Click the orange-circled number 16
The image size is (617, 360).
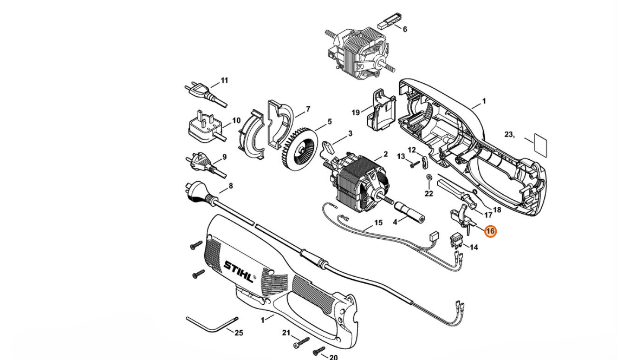tap(490, 231)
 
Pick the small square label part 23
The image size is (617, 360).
tap(540, 145)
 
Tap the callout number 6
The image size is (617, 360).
tap(405, 29)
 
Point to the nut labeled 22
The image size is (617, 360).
tap(428, 179)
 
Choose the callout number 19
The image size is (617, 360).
tap(356, 113)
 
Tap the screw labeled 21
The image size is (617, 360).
tap(300, 342)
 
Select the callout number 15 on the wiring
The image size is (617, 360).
tap(378, 222)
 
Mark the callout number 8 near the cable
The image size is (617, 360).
tap(230, 186)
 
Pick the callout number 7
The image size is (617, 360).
tap(308, 109)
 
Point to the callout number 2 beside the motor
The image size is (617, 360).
tap(385, 154)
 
